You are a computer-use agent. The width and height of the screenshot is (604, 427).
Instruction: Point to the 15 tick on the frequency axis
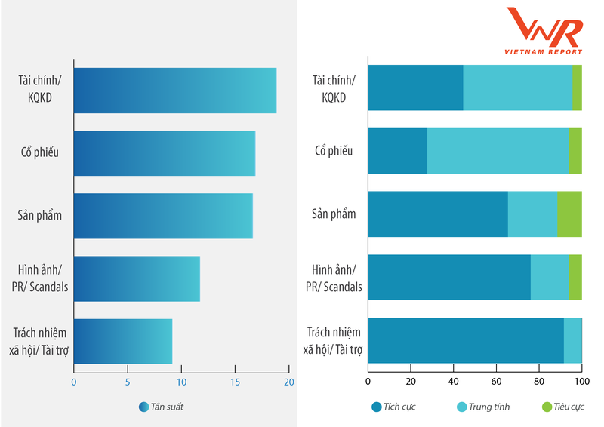click(x=236, y=382)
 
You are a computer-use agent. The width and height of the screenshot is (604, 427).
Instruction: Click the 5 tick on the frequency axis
click(x=128, y=382)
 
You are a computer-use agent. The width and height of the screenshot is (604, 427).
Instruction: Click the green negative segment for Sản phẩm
click(x=569, y=214)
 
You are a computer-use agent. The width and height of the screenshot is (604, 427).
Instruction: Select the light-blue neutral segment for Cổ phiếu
click(x=498, y=151)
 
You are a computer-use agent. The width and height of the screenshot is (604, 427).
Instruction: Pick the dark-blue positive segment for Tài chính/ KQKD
click(x=415, y=88)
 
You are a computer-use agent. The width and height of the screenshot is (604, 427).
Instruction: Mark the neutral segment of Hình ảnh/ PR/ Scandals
click(x=550, y=278)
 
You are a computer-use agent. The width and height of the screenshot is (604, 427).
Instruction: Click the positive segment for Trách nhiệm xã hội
click(x=465, y=340)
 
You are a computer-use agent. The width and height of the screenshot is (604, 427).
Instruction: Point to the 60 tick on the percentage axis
click(x=496, y=382)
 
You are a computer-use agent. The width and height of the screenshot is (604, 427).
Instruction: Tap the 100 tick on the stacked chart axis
click(x=581, y=382)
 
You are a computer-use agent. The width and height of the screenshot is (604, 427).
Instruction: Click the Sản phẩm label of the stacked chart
click(x=334, y=214)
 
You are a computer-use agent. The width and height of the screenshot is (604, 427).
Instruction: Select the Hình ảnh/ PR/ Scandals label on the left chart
click(x=38, y=278)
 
